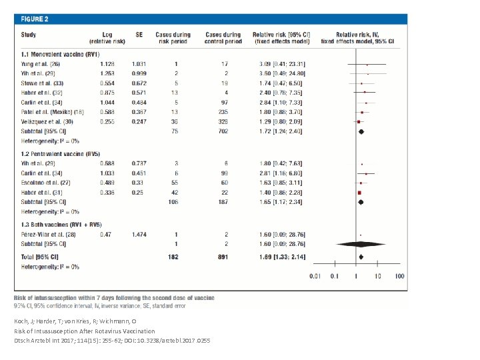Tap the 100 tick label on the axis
pos(399,276)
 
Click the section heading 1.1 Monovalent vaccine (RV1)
pos(61,54)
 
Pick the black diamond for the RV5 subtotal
pos(361,201)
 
